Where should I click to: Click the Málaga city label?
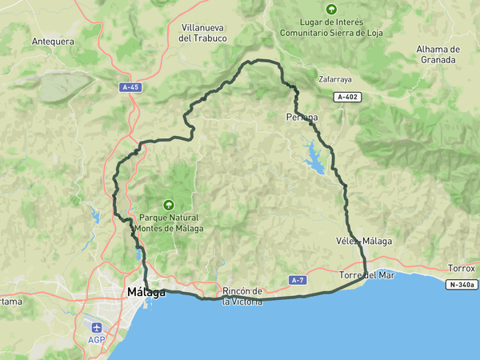pos(146,293)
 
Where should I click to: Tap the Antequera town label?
pos(53,42)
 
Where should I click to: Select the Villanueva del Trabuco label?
pos(203,33)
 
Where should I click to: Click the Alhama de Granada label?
pos(438,54)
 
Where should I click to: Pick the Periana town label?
pos(302,118)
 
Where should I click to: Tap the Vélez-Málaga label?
pos(364,241)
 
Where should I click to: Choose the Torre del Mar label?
pos(367,275)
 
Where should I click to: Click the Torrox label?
pos(462,268)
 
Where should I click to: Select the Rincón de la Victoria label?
pos(242,296)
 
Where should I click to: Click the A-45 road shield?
pos(130,87)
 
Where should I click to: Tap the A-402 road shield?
pos(348,97)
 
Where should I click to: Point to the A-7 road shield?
pos(298,280)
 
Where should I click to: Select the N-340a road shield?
pos(462,284)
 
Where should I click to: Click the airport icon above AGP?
pos(97,327)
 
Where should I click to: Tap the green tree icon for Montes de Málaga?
pos(169,205)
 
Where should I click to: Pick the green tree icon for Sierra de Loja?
pos(330,10)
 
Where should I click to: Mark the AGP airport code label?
pos(97,340)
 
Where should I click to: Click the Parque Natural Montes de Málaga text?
pos(169,222)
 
